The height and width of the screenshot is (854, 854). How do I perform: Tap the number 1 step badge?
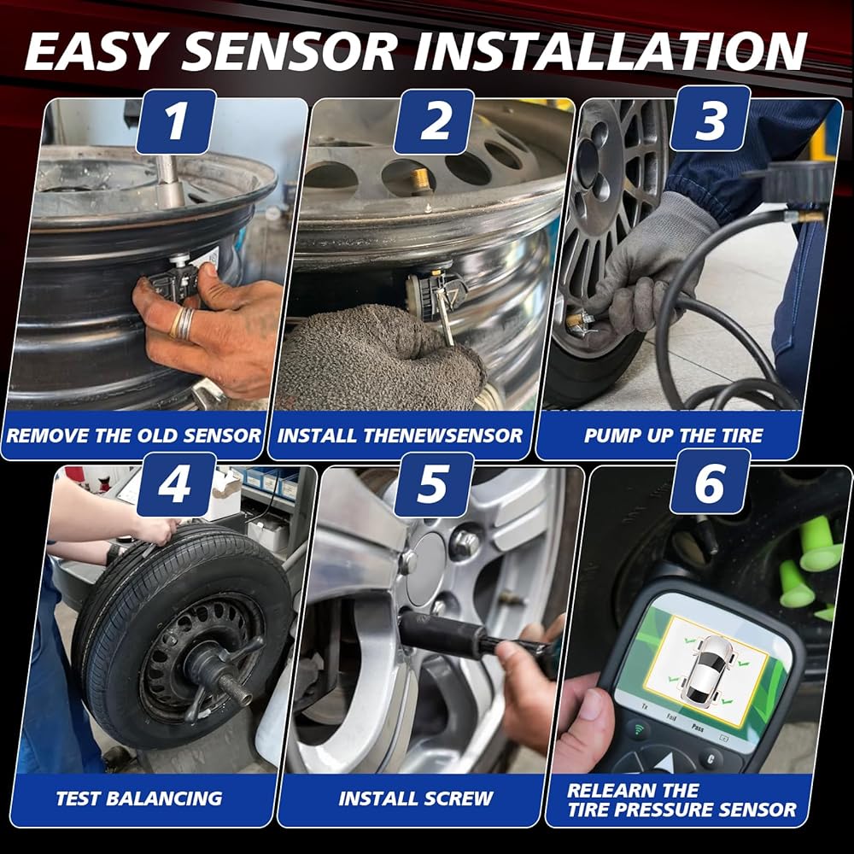point(176,121)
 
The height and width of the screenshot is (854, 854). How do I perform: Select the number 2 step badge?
point(434,121)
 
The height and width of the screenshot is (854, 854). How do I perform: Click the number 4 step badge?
point(176,484)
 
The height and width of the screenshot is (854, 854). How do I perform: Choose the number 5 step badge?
point(434,484)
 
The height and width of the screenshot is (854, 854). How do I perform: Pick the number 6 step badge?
point(711,481)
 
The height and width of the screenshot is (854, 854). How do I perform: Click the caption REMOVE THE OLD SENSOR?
point(133,436)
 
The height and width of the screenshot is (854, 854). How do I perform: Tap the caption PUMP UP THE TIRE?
point(673,436)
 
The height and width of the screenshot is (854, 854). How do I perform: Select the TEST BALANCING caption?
point(139,798)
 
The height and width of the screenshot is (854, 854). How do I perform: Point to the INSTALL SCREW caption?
point(416,798)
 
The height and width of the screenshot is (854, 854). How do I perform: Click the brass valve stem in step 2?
point(420,180)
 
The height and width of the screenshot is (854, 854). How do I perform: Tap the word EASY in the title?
point(94,51)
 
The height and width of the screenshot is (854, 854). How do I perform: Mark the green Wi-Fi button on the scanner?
point(638,729)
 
